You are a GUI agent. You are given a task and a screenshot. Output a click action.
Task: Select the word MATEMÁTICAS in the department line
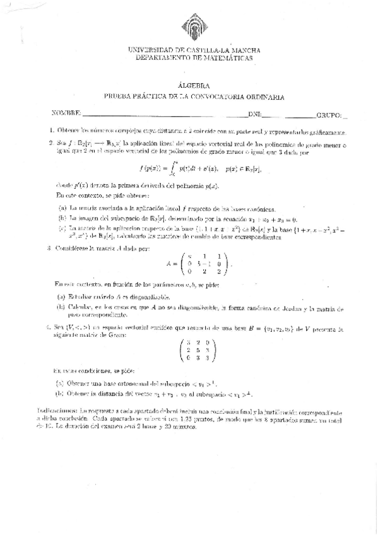point(225,57)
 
